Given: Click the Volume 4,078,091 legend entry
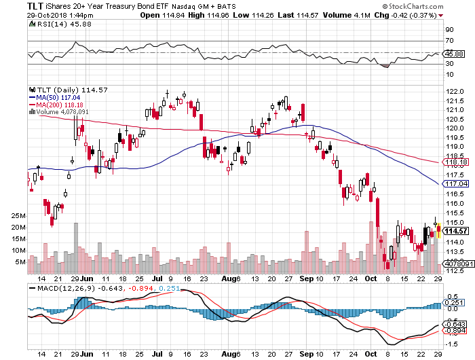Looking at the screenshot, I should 62,113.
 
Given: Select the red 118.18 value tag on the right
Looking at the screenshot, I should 455,163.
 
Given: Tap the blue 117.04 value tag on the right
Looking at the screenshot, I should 455,184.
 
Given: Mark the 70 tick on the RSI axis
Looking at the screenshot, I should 449,41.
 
